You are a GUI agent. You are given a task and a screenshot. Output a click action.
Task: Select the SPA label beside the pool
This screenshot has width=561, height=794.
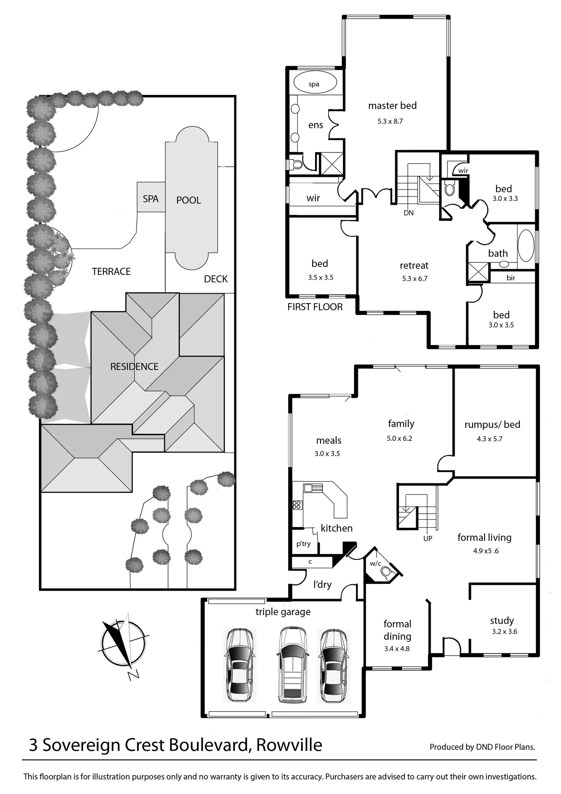(151, 199)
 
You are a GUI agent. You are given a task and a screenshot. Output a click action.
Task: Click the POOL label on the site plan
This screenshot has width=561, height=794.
(188, 200)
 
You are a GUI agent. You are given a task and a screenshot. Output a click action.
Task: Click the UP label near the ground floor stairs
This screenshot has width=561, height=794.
(428, 538)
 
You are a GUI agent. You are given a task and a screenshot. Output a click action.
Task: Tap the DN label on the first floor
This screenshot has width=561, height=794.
(409, 213)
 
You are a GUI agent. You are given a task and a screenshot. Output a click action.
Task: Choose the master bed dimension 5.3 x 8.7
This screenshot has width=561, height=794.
(390, 121)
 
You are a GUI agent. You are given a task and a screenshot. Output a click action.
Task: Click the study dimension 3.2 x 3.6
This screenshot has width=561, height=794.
(504, 632)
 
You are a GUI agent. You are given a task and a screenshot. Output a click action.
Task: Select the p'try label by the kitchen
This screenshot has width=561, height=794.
(303, 544)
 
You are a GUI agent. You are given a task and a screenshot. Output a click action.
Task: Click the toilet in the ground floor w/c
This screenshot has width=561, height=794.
(386, 572)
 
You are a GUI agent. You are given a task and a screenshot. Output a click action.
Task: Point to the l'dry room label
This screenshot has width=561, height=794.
(322, 585)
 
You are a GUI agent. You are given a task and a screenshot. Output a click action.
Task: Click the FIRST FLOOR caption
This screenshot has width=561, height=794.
(315, 307)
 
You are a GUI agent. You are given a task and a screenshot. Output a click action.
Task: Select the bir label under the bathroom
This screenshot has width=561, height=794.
(511, 278)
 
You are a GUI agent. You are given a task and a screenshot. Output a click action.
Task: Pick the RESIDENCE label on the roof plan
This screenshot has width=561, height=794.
(134, 366)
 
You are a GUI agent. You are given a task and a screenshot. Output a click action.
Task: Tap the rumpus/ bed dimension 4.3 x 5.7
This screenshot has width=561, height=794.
(489, 439)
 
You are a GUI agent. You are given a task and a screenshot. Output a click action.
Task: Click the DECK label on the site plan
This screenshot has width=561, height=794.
(216, 279)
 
